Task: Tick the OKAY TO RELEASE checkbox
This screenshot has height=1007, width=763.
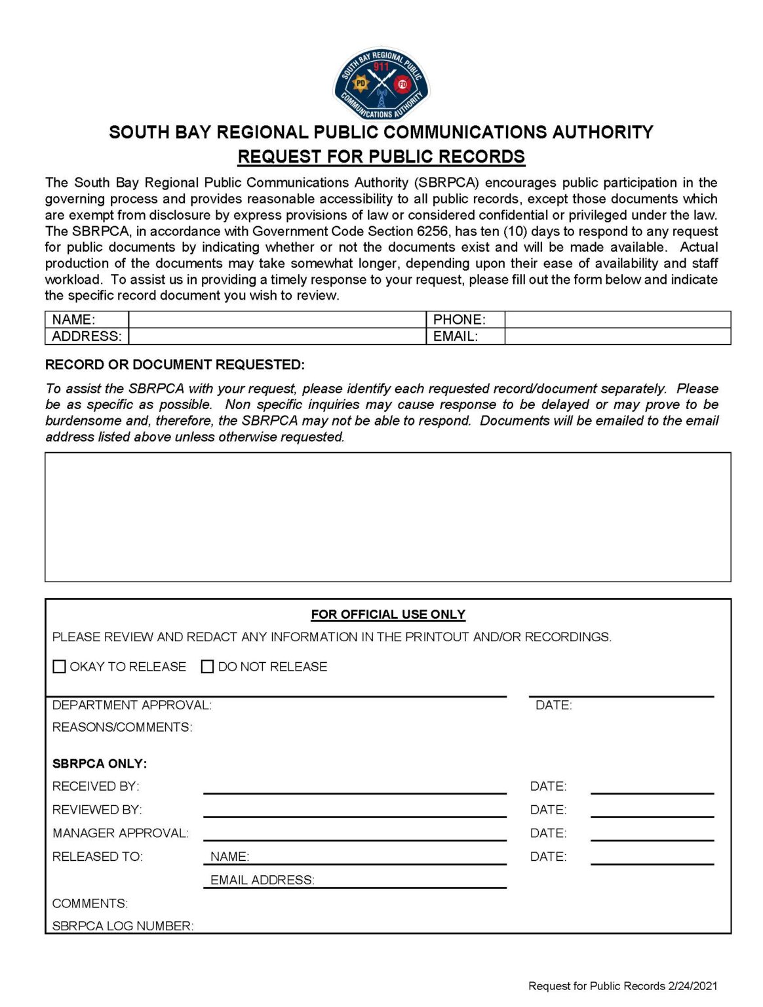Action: (x=59, y=667)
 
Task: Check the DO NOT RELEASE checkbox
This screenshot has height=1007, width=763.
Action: (x=208, y=667)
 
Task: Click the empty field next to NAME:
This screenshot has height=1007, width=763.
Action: (x=277, y=319)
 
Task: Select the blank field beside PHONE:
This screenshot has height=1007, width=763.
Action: (x=617, y=319)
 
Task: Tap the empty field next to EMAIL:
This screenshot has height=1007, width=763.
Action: (x=617, y=336)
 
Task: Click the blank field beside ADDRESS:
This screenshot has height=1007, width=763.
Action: (x=277, y=336)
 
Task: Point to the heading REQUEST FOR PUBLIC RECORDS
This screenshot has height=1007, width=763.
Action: (x=381, y=157)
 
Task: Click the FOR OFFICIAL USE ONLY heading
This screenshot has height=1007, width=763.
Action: (x=388, y=614)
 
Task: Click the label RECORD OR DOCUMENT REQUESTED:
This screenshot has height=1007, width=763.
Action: (x=174, y=365)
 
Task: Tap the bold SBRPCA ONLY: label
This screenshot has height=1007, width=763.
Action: (x=100, y=764)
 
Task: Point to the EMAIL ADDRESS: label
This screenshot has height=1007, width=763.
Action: (x=262, y=880)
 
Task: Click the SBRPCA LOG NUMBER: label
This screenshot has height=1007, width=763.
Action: (x=123, y=926)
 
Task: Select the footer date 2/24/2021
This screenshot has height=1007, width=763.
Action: (x=693, y=986)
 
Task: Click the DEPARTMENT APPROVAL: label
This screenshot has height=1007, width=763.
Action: (x=132, y=705)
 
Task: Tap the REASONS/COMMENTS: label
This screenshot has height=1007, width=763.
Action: (x=122, y=728)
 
